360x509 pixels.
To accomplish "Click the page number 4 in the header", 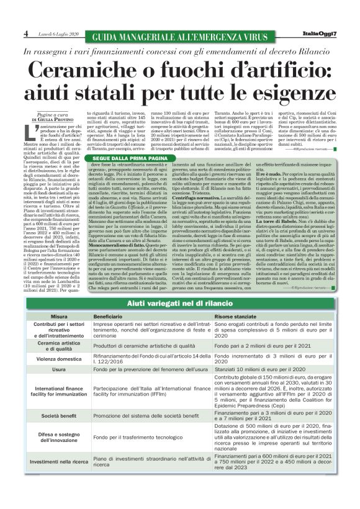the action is coord(25,32).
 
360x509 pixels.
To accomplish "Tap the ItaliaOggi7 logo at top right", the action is coord(320,32).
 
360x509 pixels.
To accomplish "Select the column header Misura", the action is coord(59,316).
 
